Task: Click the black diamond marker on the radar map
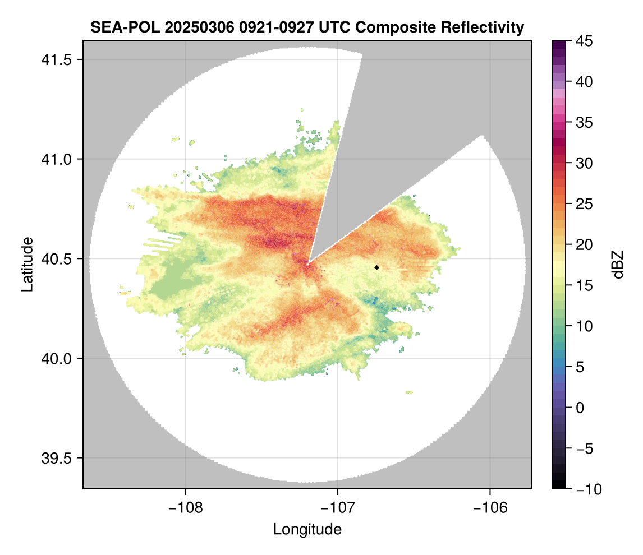(377, 267)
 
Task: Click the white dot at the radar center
(307, 264)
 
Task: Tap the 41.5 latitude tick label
(56, 60)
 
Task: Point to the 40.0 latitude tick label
(56, 358)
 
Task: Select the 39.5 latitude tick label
(56, 458)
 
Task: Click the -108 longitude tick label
(185, 508)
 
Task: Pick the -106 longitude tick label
(490, 508)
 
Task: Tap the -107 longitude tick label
(338, 508)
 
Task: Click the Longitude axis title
(307, 529)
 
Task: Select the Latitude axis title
(27, 264)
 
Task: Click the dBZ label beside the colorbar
(618, 265)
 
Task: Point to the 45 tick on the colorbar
(584, 41)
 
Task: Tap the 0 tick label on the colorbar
(580, 408)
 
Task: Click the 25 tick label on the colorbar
(584, 203)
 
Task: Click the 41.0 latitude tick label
(56, 159)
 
